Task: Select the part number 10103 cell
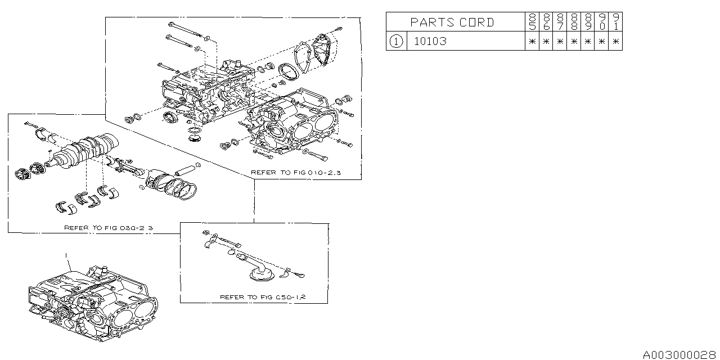click(430, 41)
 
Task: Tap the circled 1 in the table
click(397, 41)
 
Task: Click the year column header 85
click(532, 22)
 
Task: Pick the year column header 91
click(616, 22)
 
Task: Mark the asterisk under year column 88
click(574, 41)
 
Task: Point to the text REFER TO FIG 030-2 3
click(109, 228)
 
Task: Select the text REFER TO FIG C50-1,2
click(262, 296)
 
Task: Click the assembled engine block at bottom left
click(93, 304)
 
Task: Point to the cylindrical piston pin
click(186, 168)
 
